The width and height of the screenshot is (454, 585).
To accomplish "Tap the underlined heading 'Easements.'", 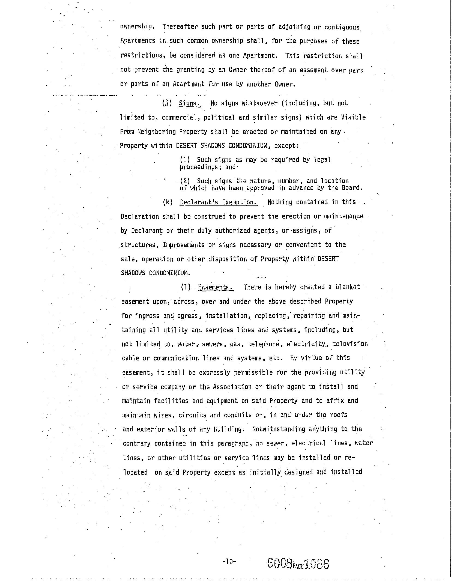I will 215,287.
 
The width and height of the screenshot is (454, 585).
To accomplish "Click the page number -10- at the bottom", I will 229,561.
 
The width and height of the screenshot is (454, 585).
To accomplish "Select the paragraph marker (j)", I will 166,103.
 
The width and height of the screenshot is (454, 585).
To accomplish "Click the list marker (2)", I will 185,181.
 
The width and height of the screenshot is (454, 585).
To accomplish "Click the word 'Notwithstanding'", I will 279,429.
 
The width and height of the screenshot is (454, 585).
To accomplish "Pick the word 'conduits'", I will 238,415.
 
